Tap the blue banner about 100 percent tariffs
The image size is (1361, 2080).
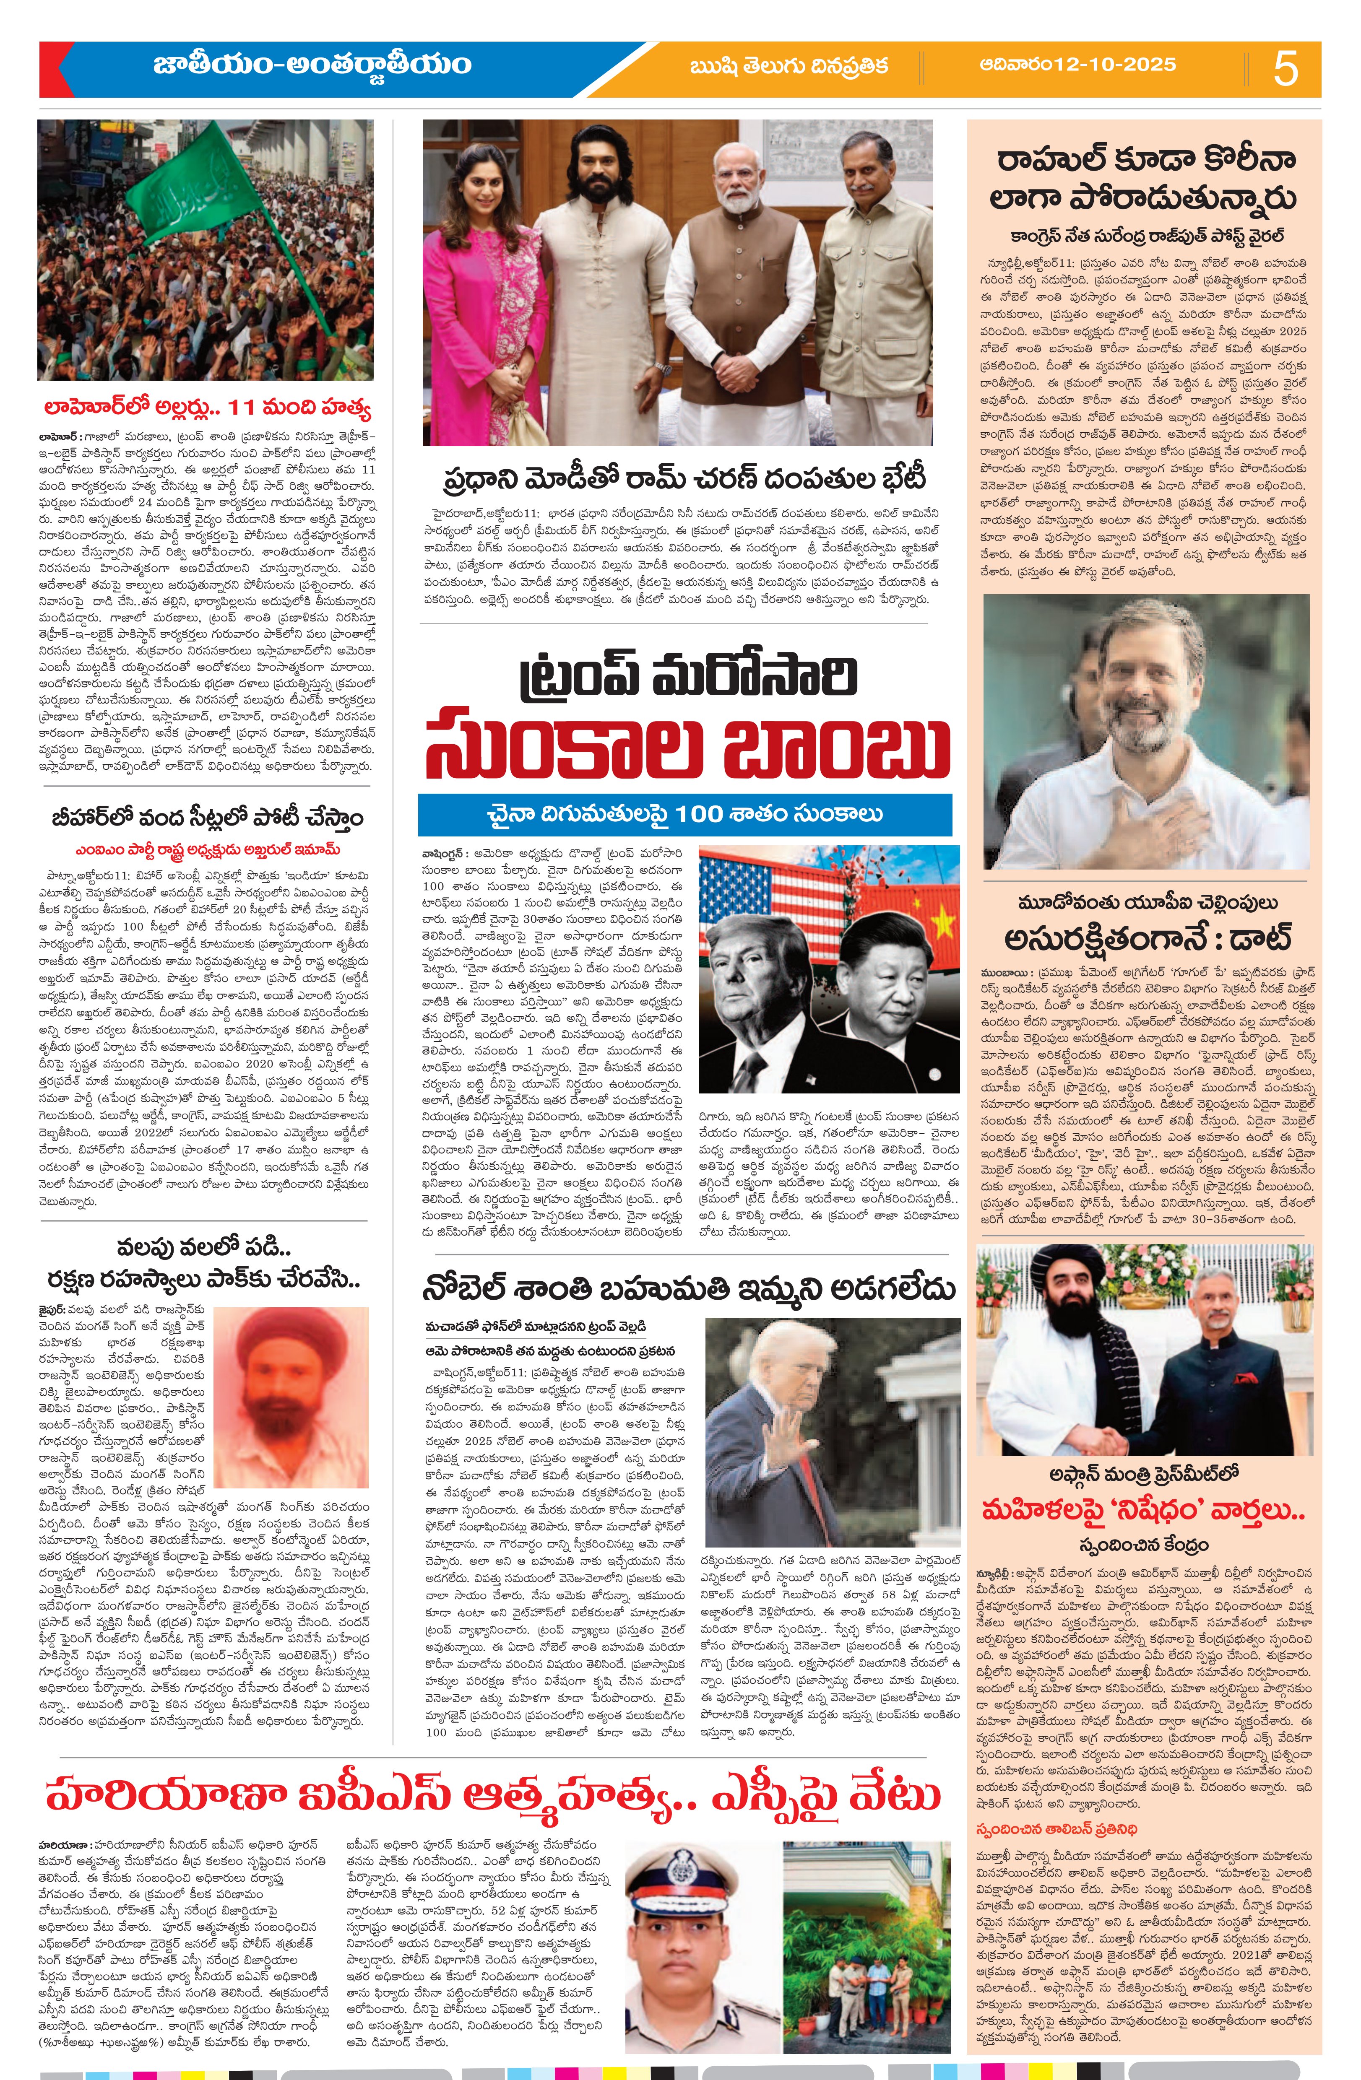[x=684, y=815]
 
